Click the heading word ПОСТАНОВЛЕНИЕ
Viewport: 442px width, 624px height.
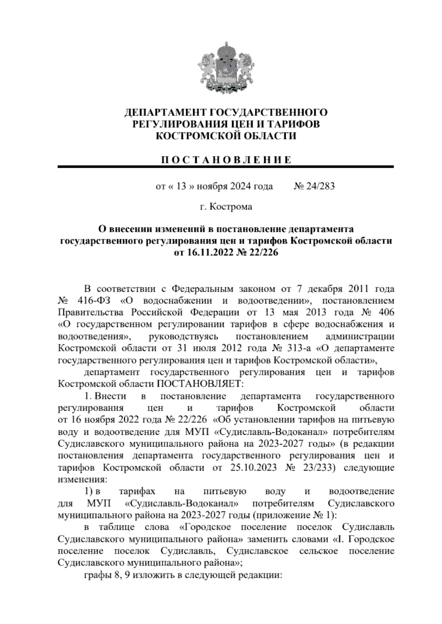coord(226,160)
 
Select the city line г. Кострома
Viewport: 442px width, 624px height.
coord(226,207)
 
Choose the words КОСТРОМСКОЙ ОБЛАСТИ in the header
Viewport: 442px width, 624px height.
coord(226,136)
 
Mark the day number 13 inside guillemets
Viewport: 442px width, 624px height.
coord(181,186)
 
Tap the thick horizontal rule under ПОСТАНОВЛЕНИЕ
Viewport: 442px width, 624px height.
coord(226,167)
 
